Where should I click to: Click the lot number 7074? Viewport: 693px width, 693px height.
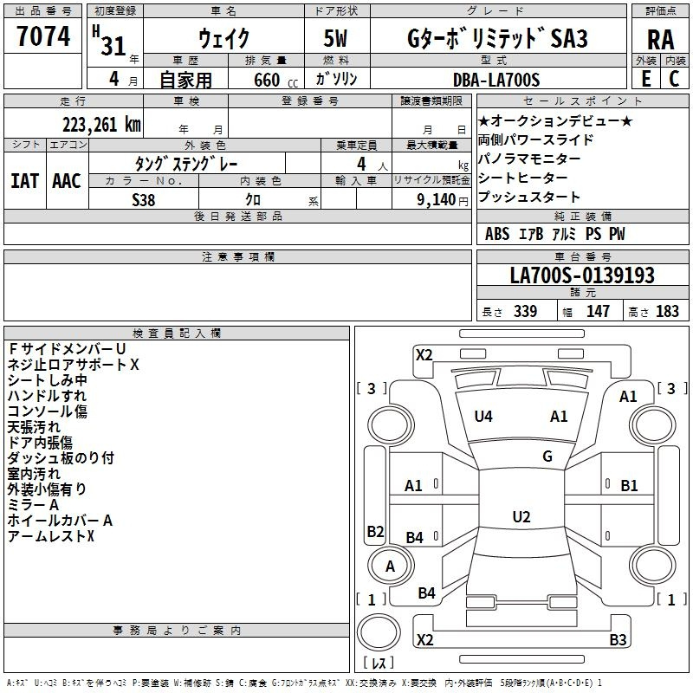43,36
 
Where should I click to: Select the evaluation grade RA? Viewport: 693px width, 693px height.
661,40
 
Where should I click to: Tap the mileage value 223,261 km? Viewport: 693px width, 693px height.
101,125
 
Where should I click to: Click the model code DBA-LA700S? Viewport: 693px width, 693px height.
496,80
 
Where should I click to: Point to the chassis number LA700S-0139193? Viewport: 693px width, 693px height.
582,275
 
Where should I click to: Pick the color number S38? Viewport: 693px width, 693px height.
143,200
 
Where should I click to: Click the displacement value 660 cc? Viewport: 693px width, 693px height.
275,81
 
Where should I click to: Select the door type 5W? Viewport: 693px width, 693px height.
335,38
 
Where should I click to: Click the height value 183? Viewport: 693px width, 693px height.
667,311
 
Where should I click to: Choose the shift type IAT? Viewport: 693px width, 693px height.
24,181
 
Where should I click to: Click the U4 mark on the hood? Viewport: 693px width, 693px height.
483,417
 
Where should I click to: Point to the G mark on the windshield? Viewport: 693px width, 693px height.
547,457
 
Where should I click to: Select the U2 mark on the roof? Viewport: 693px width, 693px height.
521,516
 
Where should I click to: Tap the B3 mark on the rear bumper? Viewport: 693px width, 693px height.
618,639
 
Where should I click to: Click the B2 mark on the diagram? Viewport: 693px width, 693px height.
375,531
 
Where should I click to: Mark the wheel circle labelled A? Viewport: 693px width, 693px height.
391,566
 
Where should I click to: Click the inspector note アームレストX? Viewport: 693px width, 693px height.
51,536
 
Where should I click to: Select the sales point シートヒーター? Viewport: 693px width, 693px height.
523,178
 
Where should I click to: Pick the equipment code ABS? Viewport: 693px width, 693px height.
497,234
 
